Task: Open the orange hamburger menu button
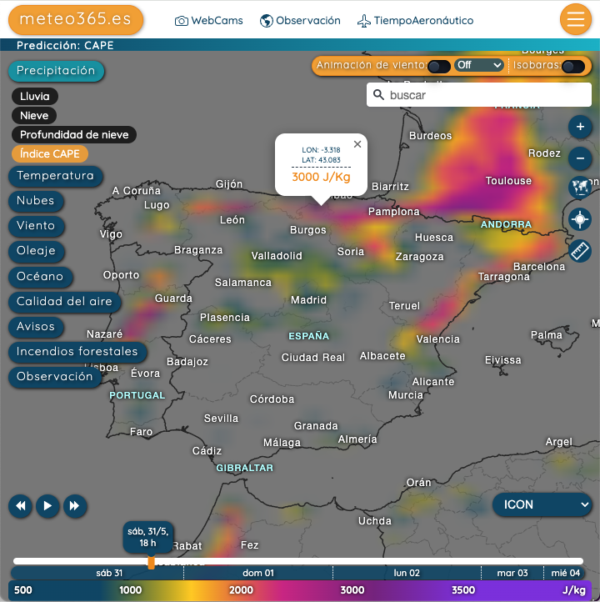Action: tap(575, 19)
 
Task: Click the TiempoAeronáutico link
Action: tap(415, 21)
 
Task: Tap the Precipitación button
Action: tap(56, 71)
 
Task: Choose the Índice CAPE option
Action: tap(50, 153)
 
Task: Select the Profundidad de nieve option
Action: tap(74, 134)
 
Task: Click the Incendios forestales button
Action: tap(77, 352)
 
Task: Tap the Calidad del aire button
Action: tap(64, 302)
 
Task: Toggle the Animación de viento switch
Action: tap(438, 66)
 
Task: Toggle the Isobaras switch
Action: tap(572, 66)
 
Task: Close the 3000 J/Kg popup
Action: tap(357, 144)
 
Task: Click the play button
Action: tap(47, 505)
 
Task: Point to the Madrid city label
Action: tap(308, 300)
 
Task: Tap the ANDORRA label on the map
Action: tap(506, 224)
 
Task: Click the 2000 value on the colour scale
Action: tap(241, 590)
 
